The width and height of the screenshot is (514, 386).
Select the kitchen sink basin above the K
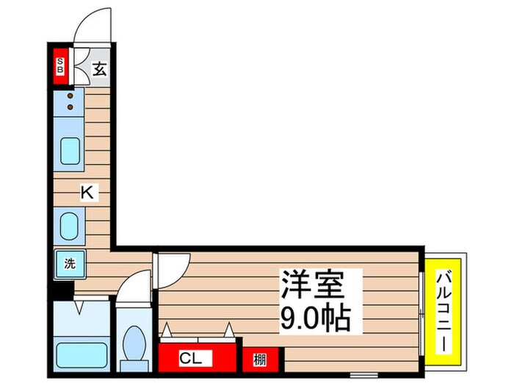pyautogui.click(x=70, y=151)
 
